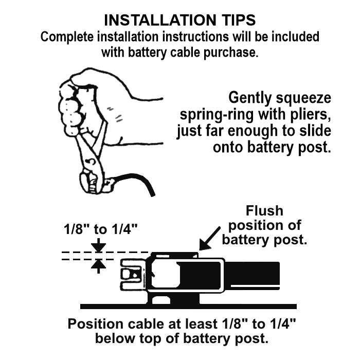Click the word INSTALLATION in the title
coord(160,20)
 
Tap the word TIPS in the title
coord(239,20)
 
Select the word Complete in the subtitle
coord(67,37)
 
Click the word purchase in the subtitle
coord(231,53)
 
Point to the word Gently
coord(250,98)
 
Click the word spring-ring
coord(217,114)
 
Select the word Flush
coord(264,210)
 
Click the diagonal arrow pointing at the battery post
coord(210,239)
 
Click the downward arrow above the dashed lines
coord(98,245)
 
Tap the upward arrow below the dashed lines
coord(98,266)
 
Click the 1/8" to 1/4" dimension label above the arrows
coord(101,229)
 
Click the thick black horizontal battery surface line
coord(188,307)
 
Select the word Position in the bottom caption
coord(95,324)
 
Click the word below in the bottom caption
coord(116,338)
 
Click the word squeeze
coord(303,98)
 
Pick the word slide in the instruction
coord(315,131)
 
